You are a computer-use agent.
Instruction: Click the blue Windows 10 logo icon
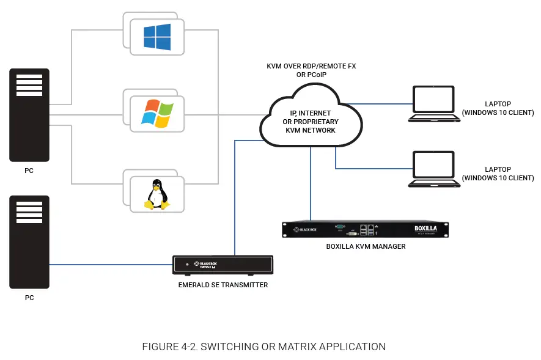click(x=157, y=37)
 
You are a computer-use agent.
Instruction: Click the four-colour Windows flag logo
click(x=156, y=113)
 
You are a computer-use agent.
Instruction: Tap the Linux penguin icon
click(x=156, y=194)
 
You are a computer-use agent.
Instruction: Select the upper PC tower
click(x=29, y=115)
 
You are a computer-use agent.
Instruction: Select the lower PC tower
click(x=29, y=242)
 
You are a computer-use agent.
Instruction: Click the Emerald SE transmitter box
click(x=223, y=265)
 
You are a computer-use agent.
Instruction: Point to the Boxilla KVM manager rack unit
click(x=366, y=229)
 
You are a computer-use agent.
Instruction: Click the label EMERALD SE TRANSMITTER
click(x=223, y=285)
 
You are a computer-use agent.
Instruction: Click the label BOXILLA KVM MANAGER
click(x=366, y=247)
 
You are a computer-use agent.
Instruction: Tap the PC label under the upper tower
click(x=29, y=171)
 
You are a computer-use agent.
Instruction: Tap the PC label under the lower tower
click(x=29, y=298)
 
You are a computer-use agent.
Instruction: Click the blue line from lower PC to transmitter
click(x=110, y=265)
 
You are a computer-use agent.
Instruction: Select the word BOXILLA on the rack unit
click(x=426, y=228)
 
